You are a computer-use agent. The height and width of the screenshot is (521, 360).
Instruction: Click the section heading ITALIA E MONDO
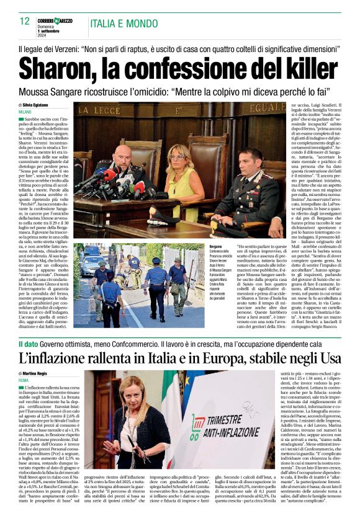click(123, 24)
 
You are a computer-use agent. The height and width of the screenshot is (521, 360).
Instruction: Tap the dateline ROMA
click(24, 380)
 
